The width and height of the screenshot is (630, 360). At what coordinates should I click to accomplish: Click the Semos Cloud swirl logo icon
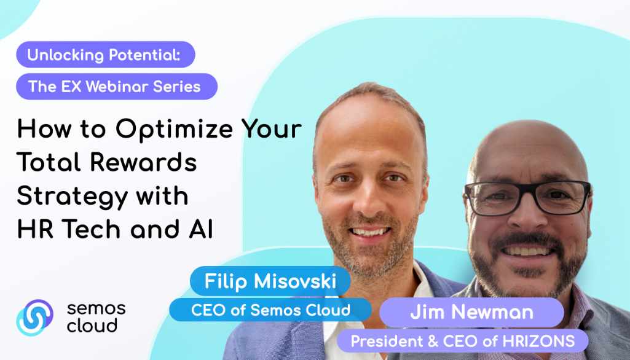tap(35, 317)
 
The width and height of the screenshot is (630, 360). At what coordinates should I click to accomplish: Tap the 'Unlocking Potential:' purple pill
tap(106, 55)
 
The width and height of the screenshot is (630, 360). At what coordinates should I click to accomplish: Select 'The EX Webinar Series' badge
tap(117, 87)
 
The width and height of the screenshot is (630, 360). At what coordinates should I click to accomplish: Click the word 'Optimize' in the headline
tap(175, 130)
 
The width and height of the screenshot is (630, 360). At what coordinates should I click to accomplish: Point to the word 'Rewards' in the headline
tap(143, 162)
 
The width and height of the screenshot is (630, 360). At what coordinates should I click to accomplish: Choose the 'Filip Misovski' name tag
tap(270, 281)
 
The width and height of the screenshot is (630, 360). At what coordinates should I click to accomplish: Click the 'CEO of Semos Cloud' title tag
tap(270, 310)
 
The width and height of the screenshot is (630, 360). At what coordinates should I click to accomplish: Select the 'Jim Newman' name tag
tap(471, 313)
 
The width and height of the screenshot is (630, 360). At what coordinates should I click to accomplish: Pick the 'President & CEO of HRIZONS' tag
tap(462, 341)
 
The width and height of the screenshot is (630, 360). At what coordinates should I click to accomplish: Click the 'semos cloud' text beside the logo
tap(96, 317)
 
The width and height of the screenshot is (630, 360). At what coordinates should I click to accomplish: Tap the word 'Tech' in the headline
tap(92, 229)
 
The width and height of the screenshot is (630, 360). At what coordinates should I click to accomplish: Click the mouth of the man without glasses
tap(369, 232)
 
